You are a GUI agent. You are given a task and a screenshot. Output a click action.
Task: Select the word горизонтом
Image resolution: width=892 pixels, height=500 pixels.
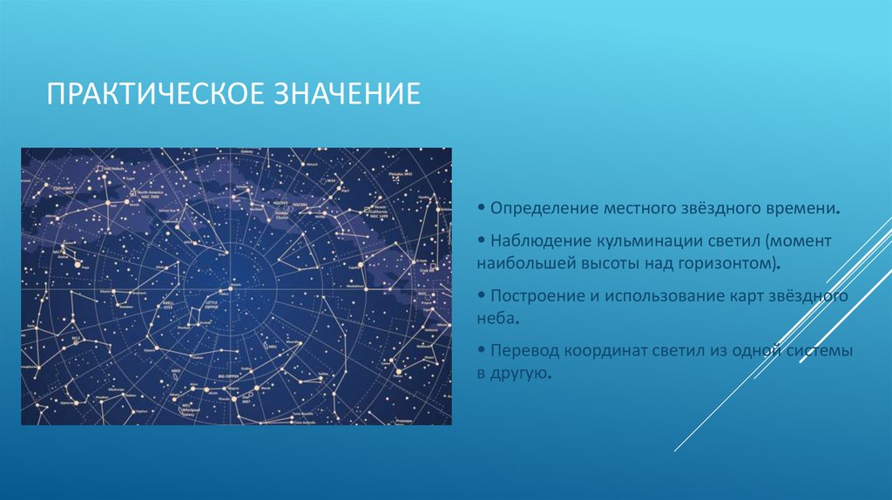click(728, 261)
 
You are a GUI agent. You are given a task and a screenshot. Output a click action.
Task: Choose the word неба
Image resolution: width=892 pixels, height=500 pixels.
click(497, 318)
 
